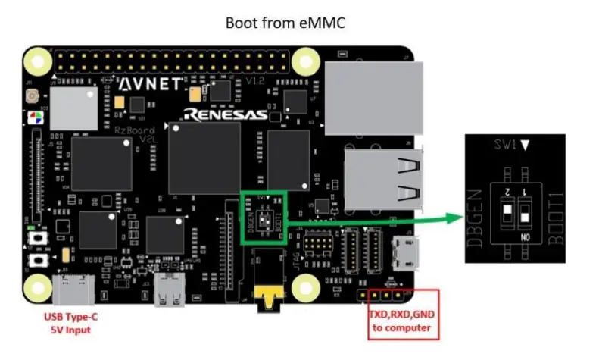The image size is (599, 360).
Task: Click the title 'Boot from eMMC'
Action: click(285, 23)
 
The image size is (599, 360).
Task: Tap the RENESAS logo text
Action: click(223, 115)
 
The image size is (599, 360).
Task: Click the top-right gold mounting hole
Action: click(305, 60)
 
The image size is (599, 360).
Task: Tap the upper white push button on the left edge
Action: click(35, 240)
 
